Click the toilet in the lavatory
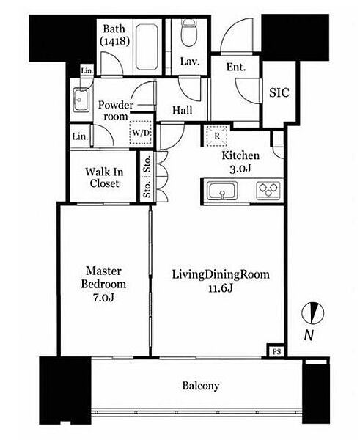click(188, 32)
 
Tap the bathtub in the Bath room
click(146, 47)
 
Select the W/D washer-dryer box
click(141, 133)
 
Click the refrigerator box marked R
click(216, 136)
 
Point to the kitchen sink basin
click(222, 191)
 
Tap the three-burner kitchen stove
click(268, 191)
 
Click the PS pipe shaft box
click(276, 351)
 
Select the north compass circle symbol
click(313, 313)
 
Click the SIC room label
click(279, 92)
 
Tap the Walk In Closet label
click(104, 177)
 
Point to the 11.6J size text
click(221, 288)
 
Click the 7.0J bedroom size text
click(103, 298)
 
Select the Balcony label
click(201, 386)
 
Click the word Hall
click(183, 110)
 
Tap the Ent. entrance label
click(236, 67)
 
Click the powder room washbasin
click(81, 100)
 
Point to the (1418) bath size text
click(115, 42)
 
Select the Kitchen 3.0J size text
click(240, 169)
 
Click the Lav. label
click(190, 62)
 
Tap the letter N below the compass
click(309, 335)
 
